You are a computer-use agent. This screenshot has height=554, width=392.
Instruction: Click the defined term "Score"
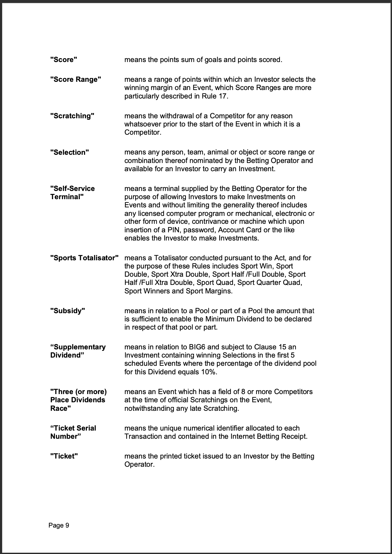(64, 60)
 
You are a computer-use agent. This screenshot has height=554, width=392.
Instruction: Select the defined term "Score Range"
(76, 79)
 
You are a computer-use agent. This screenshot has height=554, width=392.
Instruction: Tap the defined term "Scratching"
(72, 116)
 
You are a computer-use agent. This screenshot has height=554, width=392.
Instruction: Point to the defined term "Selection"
(70, 152)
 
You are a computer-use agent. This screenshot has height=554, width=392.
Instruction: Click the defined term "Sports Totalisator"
(84, 258)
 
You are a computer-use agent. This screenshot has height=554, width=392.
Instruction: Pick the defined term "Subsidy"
(67, 311)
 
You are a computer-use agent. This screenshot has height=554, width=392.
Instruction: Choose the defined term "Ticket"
(64, 456)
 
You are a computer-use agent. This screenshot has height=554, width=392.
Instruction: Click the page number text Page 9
(59, 525)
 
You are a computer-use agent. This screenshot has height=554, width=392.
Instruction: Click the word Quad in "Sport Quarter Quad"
(293, 283)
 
